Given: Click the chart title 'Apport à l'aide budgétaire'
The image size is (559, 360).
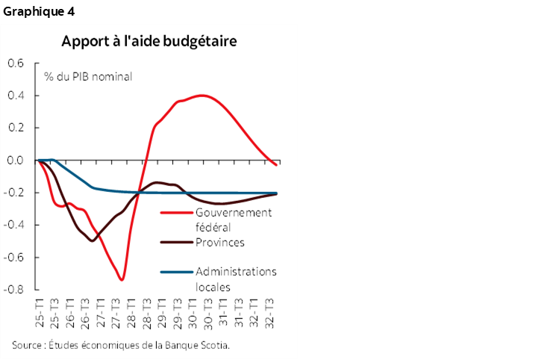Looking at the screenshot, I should tap(149, 40).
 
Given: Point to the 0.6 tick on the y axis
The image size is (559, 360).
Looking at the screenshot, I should tap(15, 63).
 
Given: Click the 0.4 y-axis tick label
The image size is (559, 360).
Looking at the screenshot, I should tap(15, 96).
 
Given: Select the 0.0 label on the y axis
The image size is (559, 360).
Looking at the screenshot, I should tap(15, 160).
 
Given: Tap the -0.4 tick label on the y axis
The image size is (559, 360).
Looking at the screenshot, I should tap(13, 224).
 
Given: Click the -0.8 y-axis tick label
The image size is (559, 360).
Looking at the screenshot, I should tap(13, 289).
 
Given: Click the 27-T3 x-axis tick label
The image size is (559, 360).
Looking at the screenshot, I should tap(116, 311).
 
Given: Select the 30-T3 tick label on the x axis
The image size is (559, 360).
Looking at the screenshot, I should tap(208, 311).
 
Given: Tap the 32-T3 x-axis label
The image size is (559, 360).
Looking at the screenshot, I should tap(270, 311).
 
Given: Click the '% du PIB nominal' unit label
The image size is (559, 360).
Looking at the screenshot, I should tap(88, 76).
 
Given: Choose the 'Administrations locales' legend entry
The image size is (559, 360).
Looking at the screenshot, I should tap(235, 279).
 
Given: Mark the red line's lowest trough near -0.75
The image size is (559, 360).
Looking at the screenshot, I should tap(122, 280).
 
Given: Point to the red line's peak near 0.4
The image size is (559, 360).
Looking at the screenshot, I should tap(202, 96).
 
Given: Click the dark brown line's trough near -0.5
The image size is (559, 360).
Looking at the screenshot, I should tap(92, 240).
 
